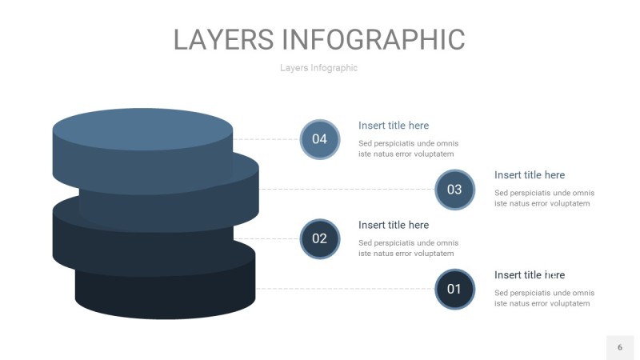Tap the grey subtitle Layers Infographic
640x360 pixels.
(x=318, y=68)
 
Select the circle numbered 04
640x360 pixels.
(x=319, y=139)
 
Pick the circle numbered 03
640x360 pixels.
(x=454, y=190)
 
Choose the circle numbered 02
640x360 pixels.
(x=319, y=238)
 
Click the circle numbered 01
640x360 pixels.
(x=454, y=289)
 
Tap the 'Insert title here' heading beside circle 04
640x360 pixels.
(x=394, y=126)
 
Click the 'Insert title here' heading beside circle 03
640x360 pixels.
(x=530, y=175)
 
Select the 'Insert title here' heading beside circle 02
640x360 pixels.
(x=394, y=225)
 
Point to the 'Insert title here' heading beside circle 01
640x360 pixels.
(x=530, y=274)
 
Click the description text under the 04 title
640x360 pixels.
(x=408, y=149)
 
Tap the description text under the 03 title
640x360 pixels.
(x=544, y=198)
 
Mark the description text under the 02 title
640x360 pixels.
(x=408, y=248)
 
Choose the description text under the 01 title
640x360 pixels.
(x=544, y=298)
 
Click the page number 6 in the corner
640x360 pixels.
(x=619, y=347)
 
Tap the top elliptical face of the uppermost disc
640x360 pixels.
(x=142, y=129)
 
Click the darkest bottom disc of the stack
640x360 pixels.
(x=165, y=292)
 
